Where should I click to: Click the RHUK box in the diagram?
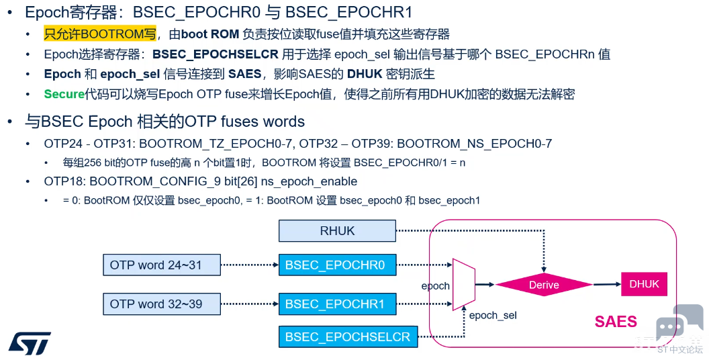pyautogui.click(x=337, y=231)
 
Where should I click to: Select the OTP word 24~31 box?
pyautogui.click(x=161, y=265)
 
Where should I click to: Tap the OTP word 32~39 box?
pyautogui.click(x=161, y=304)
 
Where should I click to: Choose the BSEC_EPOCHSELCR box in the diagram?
pyautogui.click(x=347, y=336)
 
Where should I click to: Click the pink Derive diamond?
pyautogui.click(x=544, y=285)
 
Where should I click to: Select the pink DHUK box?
pyautogui.click(x=644, y=284)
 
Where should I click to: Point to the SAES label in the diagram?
pyautogui.click(x=615, y=322)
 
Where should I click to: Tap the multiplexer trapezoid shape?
pyautogui.click(x=464, y=285)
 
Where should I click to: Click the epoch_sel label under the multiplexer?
pyautogui.click(x=493, y=315)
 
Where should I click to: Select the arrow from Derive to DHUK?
pyautogui.click(x=606, y=285)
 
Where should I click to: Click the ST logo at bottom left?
pyautogui.click(x=30, y=343)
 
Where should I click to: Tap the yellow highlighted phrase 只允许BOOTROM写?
pyautogui.click(x=100, y=34)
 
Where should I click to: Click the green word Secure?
pyautogui.click(x=64, y=94)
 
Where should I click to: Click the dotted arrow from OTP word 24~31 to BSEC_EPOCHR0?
pyautogui.click(x=249, y=265)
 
